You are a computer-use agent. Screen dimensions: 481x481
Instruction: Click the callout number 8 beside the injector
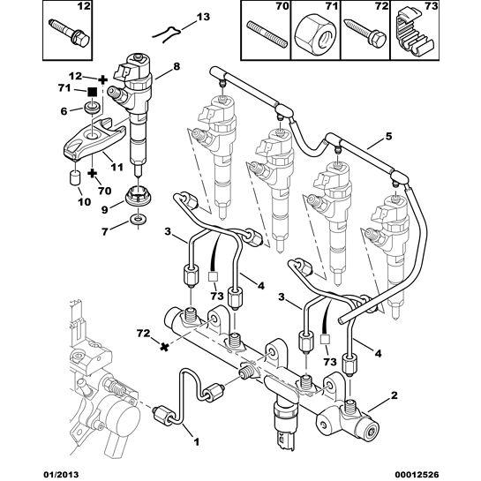[177, 65]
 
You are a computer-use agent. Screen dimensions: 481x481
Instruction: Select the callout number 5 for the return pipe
[387, 139]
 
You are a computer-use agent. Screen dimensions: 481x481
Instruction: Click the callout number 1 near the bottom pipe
[195, 441]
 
